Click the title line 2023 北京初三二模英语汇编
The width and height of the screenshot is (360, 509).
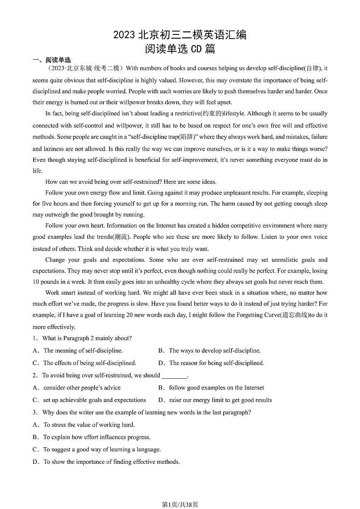pos(180,35)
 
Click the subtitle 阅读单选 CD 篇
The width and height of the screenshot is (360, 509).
pos(180,49)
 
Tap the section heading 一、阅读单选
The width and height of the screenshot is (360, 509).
pos(52,60)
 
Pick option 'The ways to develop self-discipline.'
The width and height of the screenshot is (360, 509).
pos(214,351)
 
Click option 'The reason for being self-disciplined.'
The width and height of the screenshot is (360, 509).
pos(216,363)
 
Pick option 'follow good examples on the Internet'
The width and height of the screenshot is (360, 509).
pos(216,388)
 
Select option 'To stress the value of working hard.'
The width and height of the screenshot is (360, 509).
pos(89,425)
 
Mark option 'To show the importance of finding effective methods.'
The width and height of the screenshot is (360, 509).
pos(112,462)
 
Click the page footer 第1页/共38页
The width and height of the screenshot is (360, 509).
pos(180,504)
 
